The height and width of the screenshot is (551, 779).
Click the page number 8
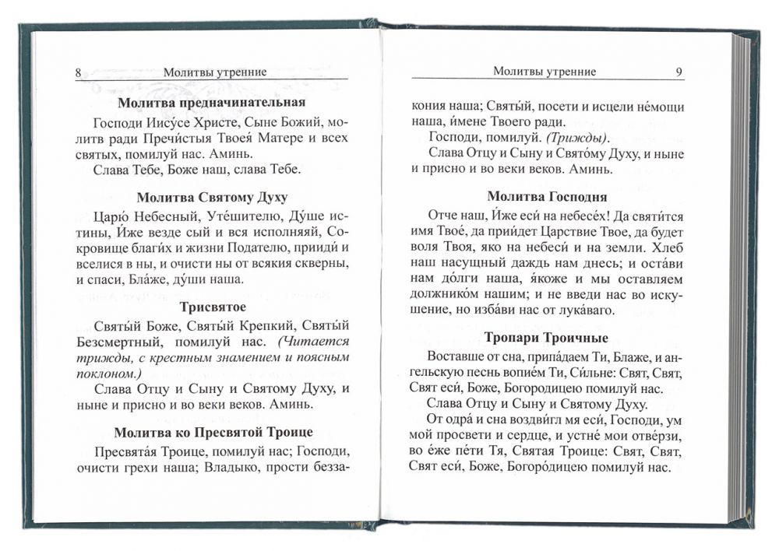[x=79, y=72]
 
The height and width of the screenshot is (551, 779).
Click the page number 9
[x=679, y=72]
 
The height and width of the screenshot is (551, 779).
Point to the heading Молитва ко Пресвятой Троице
[x=212, y=432]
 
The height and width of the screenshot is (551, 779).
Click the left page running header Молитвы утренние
[x=215, y=72]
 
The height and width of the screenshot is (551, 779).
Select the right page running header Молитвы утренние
[x=545, y=72]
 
